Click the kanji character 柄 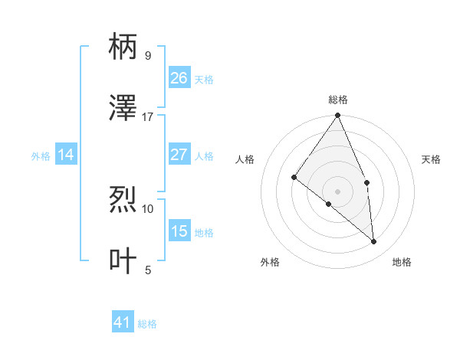pos(123,48)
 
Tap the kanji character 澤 pos(123,110)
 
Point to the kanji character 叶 pos(123,261)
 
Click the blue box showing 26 pos(179,78)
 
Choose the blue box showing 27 pos(179,155)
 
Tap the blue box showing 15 pos(179,231)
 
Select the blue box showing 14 pos(66,155)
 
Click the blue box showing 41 pos(123,322)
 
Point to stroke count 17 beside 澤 pos(148,116)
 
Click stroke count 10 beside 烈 pos(148,208)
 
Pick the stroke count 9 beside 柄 pos(148,55)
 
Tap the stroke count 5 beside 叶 pos(148,269)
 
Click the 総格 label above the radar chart pos(338,100)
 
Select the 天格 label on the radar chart pos(432,159)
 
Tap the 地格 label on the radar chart pos(402,262)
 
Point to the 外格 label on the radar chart pos(270,262)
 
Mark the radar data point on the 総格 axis pos(338,116)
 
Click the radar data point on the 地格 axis pos(374,241)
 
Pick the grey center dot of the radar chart pos(338,191)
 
